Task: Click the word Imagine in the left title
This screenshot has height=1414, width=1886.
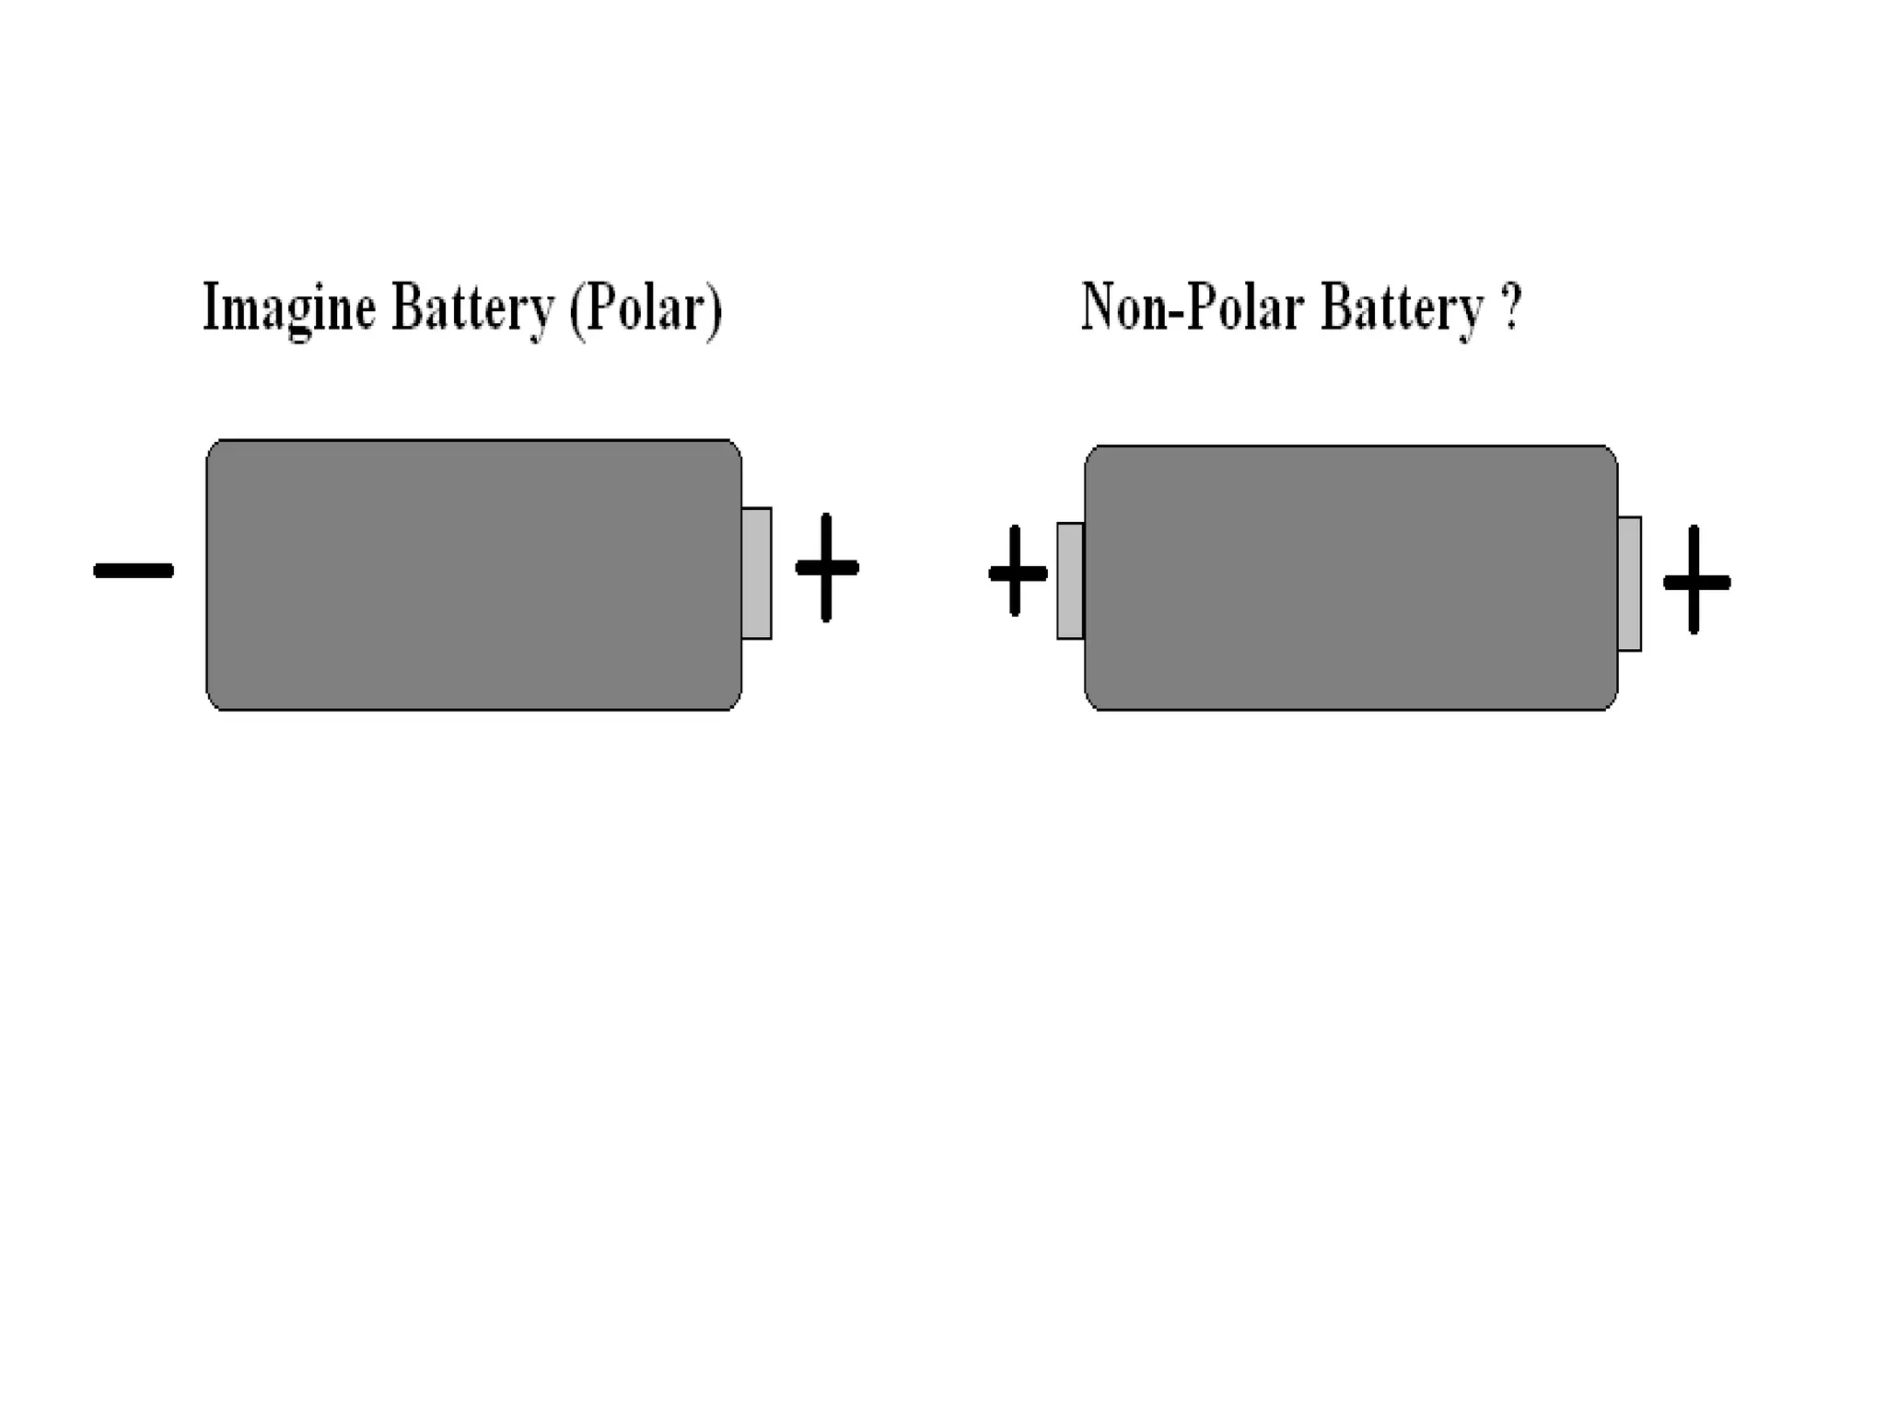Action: tap(288, 308)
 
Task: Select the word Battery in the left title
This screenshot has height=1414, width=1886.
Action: tap(471, 308)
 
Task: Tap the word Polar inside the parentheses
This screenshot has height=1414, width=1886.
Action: tap(646, 308)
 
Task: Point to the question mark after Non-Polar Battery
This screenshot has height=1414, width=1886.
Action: tap(1511, 307)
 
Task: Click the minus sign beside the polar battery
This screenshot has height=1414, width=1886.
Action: tap(134, 571)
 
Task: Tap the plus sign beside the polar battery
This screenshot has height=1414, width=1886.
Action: tap(827, 568)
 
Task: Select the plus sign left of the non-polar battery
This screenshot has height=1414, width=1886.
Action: tap(1017, 573)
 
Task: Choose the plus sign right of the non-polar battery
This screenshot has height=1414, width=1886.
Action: tap(1695, 582)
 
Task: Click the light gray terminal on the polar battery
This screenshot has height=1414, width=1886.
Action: tap(756, 573)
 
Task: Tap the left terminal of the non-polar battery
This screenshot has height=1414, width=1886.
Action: tap(1070, 580)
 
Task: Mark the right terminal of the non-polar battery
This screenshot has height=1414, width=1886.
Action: tap(1629, 584)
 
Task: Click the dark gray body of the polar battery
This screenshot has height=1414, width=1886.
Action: tap(473, 575)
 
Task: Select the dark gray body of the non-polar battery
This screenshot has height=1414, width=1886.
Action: tap(1351, 578)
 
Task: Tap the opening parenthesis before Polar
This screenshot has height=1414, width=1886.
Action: tap(576, 310)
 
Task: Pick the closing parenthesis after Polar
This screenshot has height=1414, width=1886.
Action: tap(714, 310)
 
